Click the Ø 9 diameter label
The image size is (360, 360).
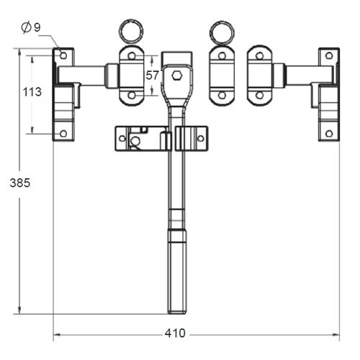pos(31,27)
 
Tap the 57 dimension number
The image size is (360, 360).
pos(152,75)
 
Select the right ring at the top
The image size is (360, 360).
pos(222,32)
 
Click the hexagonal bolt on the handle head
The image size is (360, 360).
pos(176,74)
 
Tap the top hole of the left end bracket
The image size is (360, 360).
pos(63,55)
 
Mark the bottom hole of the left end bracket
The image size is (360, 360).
pos(63,133)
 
